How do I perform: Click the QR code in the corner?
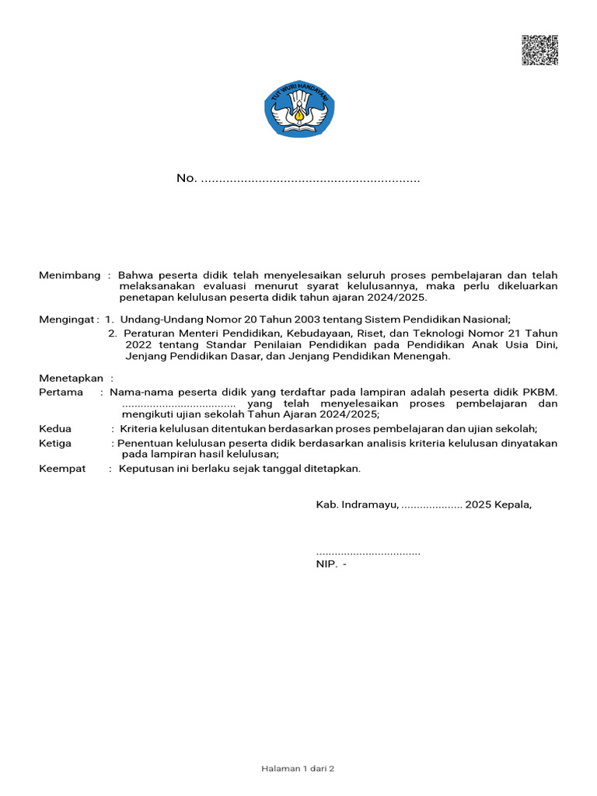[539, 51]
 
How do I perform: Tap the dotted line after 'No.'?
[310, 180]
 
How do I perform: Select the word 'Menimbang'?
[70, 276]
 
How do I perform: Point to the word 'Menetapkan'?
[71, 378]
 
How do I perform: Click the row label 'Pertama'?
[61, 392]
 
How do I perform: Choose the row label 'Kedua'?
[55, 428]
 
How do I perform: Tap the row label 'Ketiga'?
[55, 443]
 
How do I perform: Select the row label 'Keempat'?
[62, 469]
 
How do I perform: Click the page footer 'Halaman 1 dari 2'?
[298, 769]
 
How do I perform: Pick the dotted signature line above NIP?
[368, 553]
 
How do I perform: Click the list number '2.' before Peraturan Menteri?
[113, 333]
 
